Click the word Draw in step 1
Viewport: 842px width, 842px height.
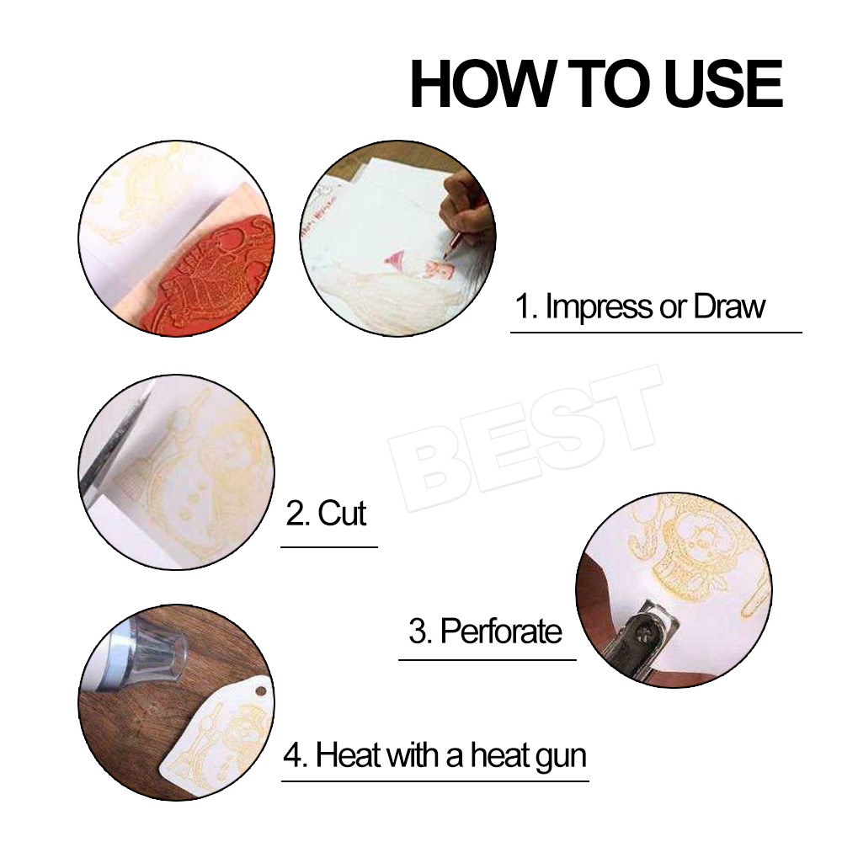(x=729, y=306)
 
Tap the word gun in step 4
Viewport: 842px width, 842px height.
(x=560, y=755)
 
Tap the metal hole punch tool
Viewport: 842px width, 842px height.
(x=644, y=636)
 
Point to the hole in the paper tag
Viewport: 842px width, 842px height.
(x=260, y=690)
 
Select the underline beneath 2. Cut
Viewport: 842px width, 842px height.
(x=328, y=546)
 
